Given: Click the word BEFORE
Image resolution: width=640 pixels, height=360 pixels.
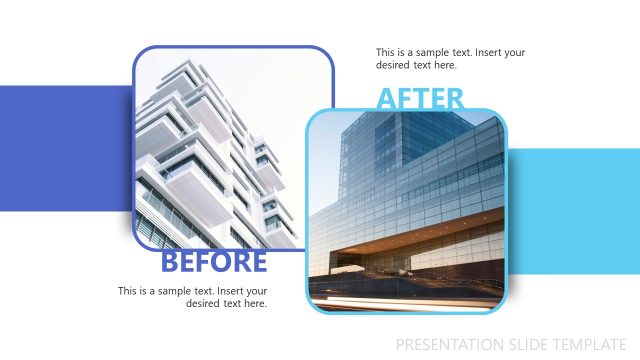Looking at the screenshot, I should coord(214,262).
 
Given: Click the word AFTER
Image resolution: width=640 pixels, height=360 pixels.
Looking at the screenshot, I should coord(420,99).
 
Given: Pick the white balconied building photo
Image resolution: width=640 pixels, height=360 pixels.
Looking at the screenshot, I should coord(215,140).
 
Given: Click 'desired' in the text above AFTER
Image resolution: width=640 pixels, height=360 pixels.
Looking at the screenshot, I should coord(393,65).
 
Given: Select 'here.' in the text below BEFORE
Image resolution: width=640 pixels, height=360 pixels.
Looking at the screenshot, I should coord(256,304).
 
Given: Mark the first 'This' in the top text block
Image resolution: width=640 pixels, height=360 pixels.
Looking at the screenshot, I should coord(386,52).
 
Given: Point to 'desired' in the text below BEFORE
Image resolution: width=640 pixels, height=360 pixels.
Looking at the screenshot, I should coord(203,304).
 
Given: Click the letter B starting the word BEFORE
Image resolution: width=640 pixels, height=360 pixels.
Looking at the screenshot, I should coord(170,262).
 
